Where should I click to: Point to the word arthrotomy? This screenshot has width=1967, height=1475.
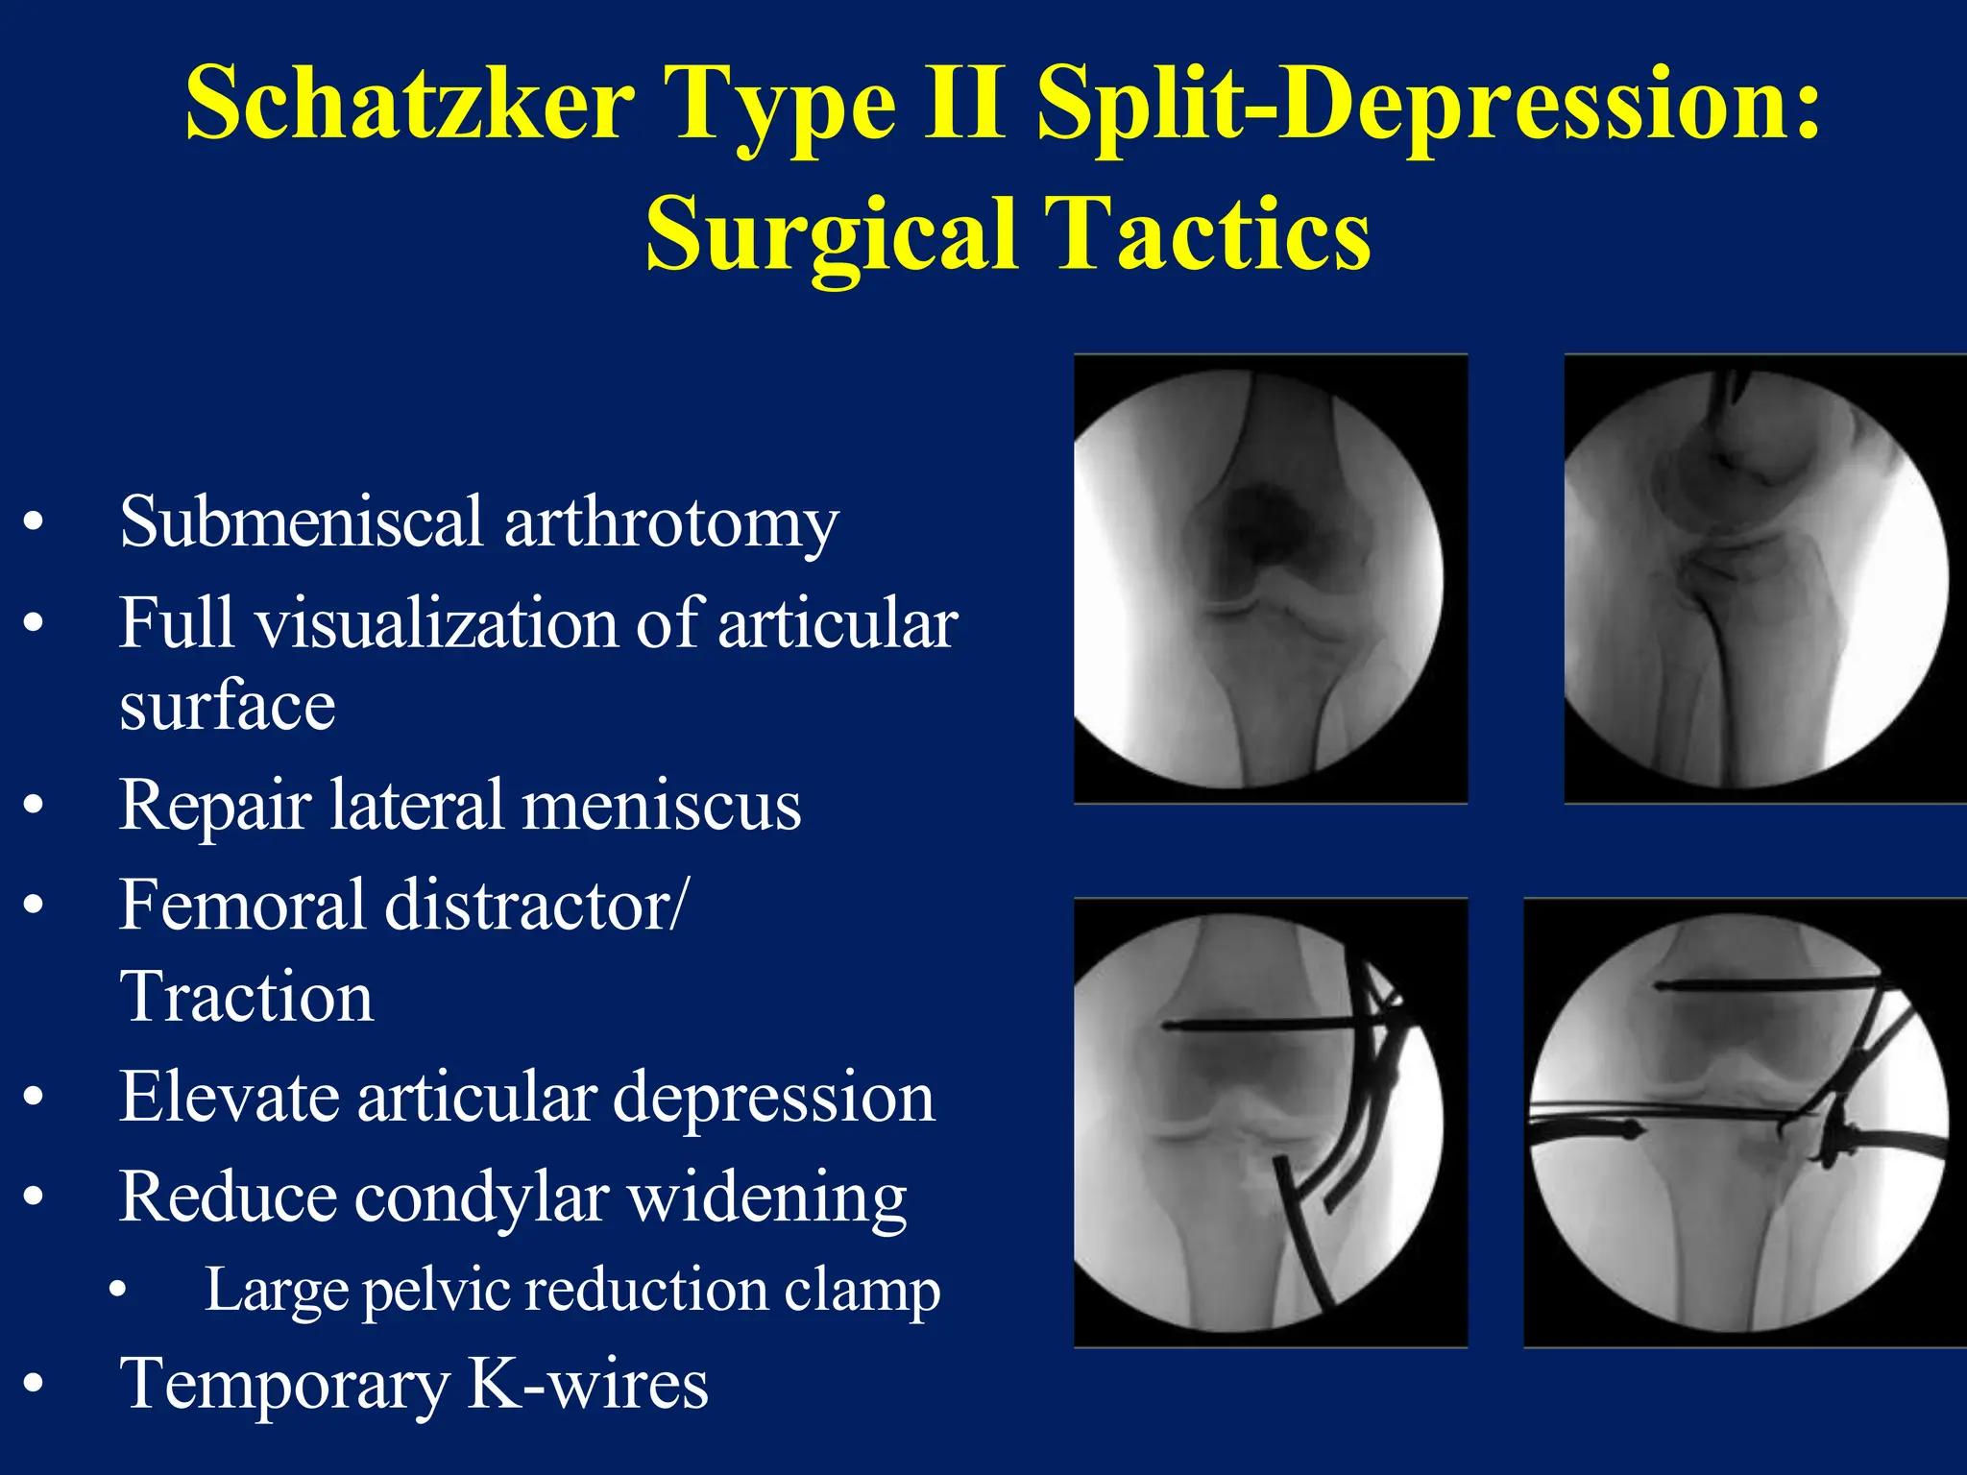click(x=671, y=524)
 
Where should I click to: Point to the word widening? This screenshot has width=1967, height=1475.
click(x=766, y=1198)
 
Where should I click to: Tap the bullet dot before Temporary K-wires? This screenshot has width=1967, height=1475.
click(x=34, y=1384)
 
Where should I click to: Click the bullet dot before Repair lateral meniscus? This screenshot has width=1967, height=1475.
click(x=34, y=805)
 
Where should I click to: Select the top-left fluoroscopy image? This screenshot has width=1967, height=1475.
click(x=1270, y=579)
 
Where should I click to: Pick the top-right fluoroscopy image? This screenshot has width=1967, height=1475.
click(x=1764, y=579)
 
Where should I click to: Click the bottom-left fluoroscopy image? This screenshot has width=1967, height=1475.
click(x=1270, y=1123)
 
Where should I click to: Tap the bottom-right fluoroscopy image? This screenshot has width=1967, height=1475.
click(x=1744, y=1123)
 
